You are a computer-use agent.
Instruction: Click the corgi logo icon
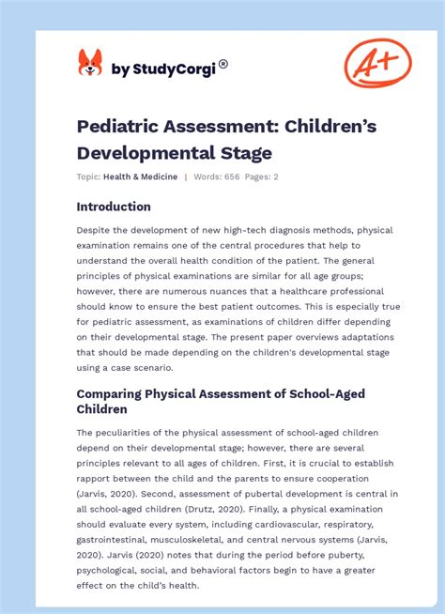89,63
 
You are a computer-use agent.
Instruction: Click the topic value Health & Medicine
140,177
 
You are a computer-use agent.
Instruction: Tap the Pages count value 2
276,177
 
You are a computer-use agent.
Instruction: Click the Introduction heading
114,207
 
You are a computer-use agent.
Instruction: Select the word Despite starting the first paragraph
98,230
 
